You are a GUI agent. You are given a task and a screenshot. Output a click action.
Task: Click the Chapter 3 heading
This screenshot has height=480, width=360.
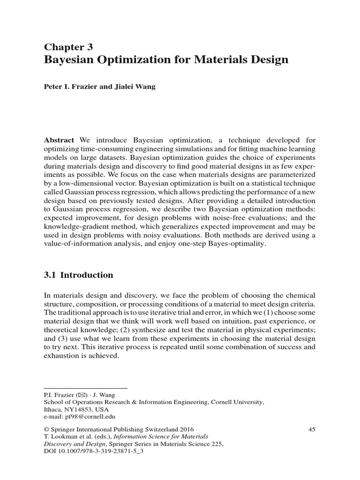(x=68, y=46)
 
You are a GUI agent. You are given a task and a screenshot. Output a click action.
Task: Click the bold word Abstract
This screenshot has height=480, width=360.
(x=59, y=140)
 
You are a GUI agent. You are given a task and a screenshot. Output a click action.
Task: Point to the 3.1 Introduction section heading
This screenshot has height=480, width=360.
(x=78, y=275)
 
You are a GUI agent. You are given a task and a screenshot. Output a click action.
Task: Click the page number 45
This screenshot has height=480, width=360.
(x=311, y=429)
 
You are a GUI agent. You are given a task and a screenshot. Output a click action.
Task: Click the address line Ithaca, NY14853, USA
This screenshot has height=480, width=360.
(x=73, y=409)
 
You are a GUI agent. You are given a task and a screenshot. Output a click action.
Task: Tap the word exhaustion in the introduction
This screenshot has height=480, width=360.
(x=62, y=355)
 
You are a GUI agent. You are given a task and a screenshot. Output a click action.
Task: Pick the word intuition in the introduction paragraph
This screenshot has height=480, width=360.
(x=228, y=322)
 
